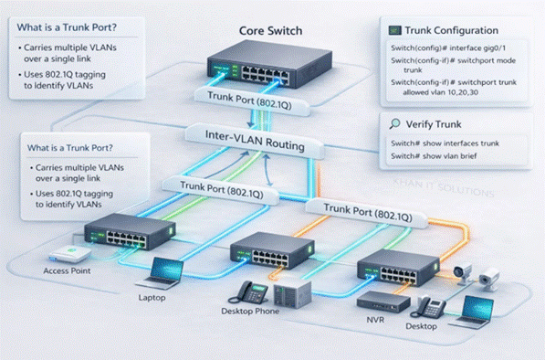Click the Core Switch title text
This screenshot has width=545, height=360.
270,30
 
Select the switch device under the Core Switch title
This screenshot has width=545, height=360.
269,64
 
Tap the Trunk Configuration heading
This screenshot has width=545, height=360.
452,30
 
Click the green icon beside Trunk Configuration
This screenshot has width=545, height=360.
395,30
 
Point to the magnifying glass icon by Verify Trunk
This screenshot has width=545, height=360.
394,124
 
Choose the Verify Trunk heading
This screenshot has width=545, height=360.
434,124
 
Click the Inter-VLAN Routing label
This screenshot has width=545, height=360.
255,140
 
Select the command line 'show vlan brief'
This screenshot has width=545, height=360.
434,156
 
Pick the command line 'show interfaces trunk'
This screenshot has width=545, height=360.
445,143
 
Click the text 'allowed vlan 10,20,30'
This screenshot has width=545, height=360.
440,92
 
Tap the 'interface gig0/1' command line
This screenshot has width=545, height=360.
448,48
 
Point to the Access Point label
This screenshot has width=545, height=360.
67,270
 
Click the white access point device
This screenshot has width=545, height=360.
70,254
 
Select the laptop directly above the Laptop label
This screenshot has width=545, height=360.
162,273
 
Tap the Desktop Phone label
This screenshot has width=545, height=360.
250,311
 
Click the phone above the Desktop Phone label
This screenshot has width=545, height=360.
248,293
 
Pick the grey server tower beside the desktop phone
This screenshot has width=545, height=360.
292,294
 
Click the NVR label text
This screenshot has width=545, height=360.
375,319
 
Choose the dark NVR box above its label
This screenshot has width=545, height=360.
383,302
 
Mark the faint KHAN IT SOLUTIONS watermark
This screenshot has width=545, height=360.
444,187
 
